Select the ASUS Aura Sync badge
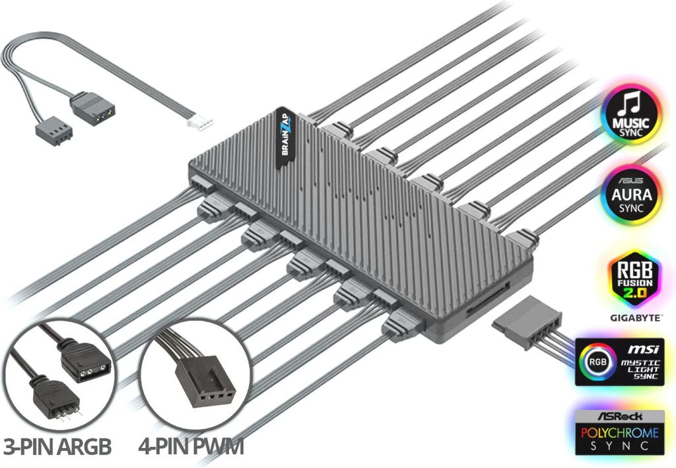(631, 195)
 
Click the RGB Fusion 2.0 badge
(634, 279)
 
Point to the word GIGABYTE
(635, 318)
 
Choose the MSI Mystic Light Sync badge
(619, 361)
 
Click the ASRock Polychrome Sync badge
(619, 432)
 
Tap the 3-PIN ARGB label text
(57, 447)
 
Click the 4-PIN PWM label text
(191, 447)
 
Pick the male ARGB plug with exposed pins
(55, 397)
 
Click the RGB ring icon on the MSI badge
(596, 361)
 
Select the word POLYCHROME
(620, 432)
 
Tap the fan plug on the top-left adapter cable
(53, 131)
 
